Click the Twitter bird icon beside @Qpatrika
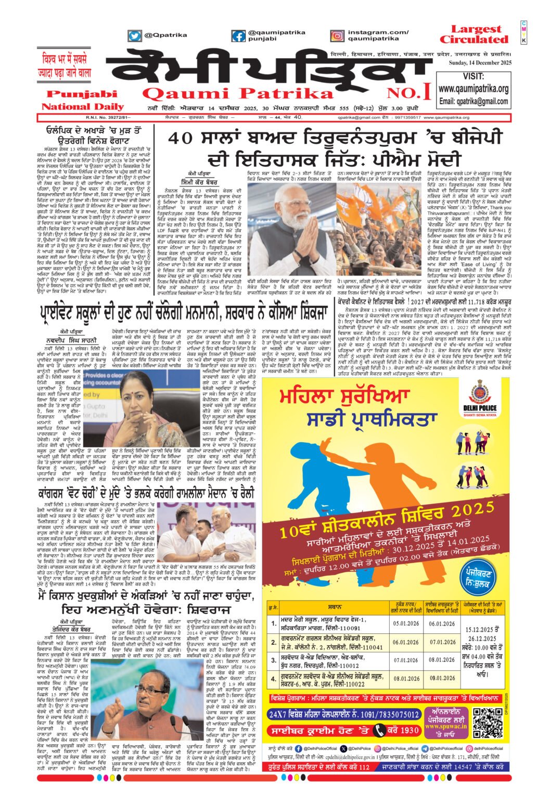pyautogui.click(x=135, y=36)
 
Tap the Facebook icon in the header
pyautogui.click(x=238, y=36)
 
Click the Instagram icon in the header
pyautogui.click(x=337, y=36)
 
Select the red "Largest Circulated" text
pyautogui.click(x=474, y=34)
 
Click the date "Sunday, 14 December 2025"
pyautogui.click(x=480, y=63)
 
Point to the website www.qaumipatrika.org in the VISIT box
pyautogui.click(x=473, y=89)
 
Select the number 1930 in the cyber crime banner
pyautogui.click(x=410, y=731)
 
